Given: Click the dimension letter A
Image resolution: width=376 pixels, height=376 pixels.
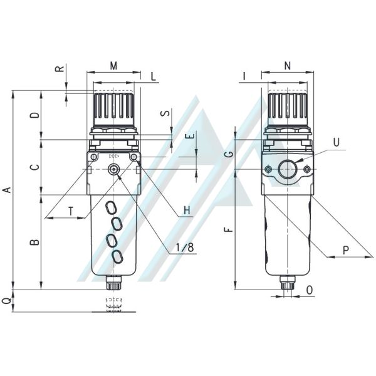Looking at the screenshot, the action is pyautogui.click(x=8, y=189).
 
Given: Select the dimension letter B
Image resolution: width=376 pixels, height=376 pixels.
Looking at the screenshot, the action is pyautogui.click(x=34, y=242).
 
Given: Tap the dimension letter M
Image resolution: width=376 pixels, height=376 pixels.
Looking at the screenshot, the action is pyautogui.click(x=113, y=66).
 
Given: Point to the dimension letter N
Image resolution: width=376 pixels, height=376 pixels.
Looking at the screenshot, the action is pyautogui.click(x=287, y=66).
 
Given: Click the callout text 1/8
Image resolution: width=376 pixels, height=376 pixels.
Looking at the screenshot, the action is pyautogui.click(x=185, y=248).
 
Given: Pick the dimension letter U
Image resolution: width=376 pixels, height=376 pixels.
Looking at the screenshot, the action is pyautogui.click(x=337, y=142).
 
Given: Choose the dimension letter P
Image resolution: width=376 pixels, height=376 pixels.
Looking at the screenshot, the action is pyautogui.click(x=345, y=250).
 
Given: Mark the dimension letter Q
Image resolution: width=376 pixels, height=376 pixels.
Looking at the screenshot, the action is pyautogui.click(x=8, y=300).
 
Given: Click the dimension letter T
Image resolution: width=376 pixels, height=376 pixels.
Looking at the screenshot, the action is pyautogui.click(x=70, y=212).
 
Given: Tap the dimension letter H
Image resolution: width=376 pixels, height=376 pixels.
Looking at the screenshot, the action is pyautogui.click(x=187, y=211).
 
